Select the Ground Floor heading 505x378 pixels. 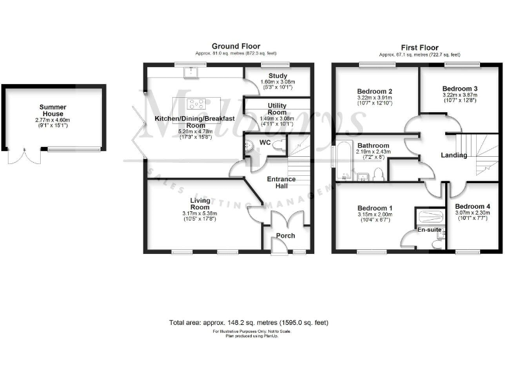tap(229, 46)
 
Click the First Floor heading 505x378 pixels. tap(419, 46)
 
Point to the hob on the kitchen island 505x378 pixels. tap(196, 103)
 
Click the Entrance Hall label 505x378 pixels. tap(281, 182)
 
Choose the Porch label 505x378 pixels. tap(285, 236)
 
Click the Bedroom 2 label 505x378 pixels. tap(375, 91)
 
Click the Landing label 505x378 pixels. tap(454, 156)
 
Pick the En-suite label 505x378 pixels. tap(429, 230)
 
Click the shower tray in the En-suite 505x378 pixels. tap(431, 217)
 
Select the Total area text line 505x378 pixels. tap(249, 323)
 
